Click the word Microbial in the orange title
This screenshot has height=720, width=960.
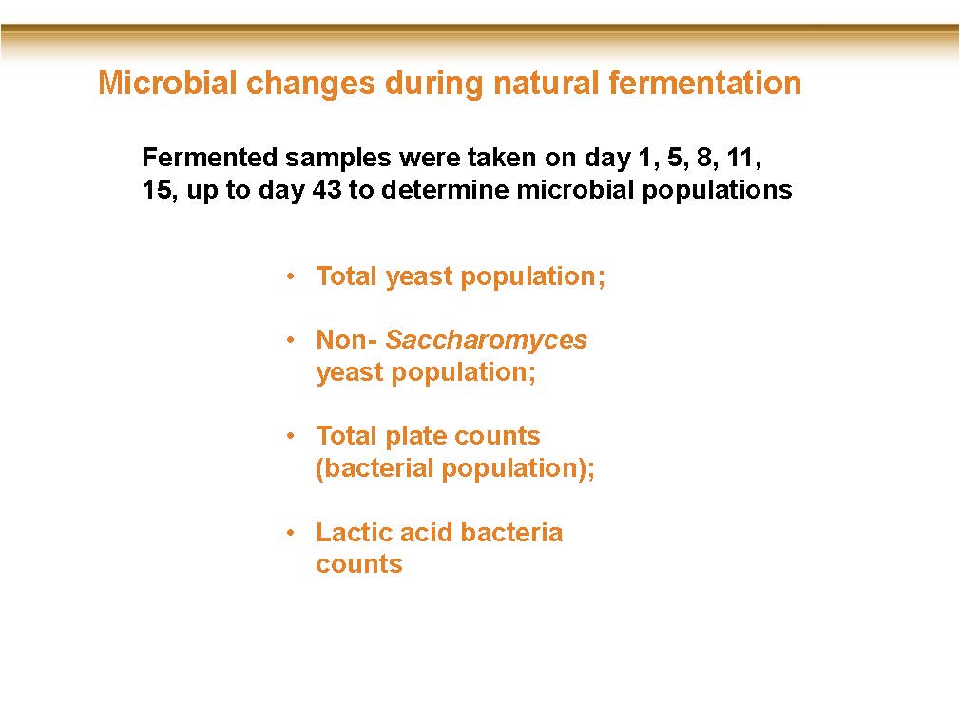click(167, 83)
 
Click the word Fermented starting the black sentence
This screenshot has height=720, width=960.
click(209, 158)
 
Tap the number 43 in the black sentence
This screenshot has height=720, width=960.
click(327, 190)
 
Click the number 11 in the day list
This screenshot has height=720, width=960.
click(742, 159)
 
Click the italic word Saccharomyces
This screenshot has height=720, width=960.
click(486, 340)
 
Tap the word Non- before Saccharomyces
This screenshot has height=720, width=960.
click(347, 339)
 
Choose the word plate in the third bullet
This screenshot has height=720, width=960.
click(411, 437)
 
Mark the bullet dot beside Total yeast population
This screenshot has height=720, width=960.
click(291, 276)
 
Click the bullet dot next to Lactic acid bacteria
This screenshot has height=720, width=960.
click(291, 533)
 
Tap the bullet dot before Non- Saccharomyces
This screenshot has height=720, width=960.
click(291, 340)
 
